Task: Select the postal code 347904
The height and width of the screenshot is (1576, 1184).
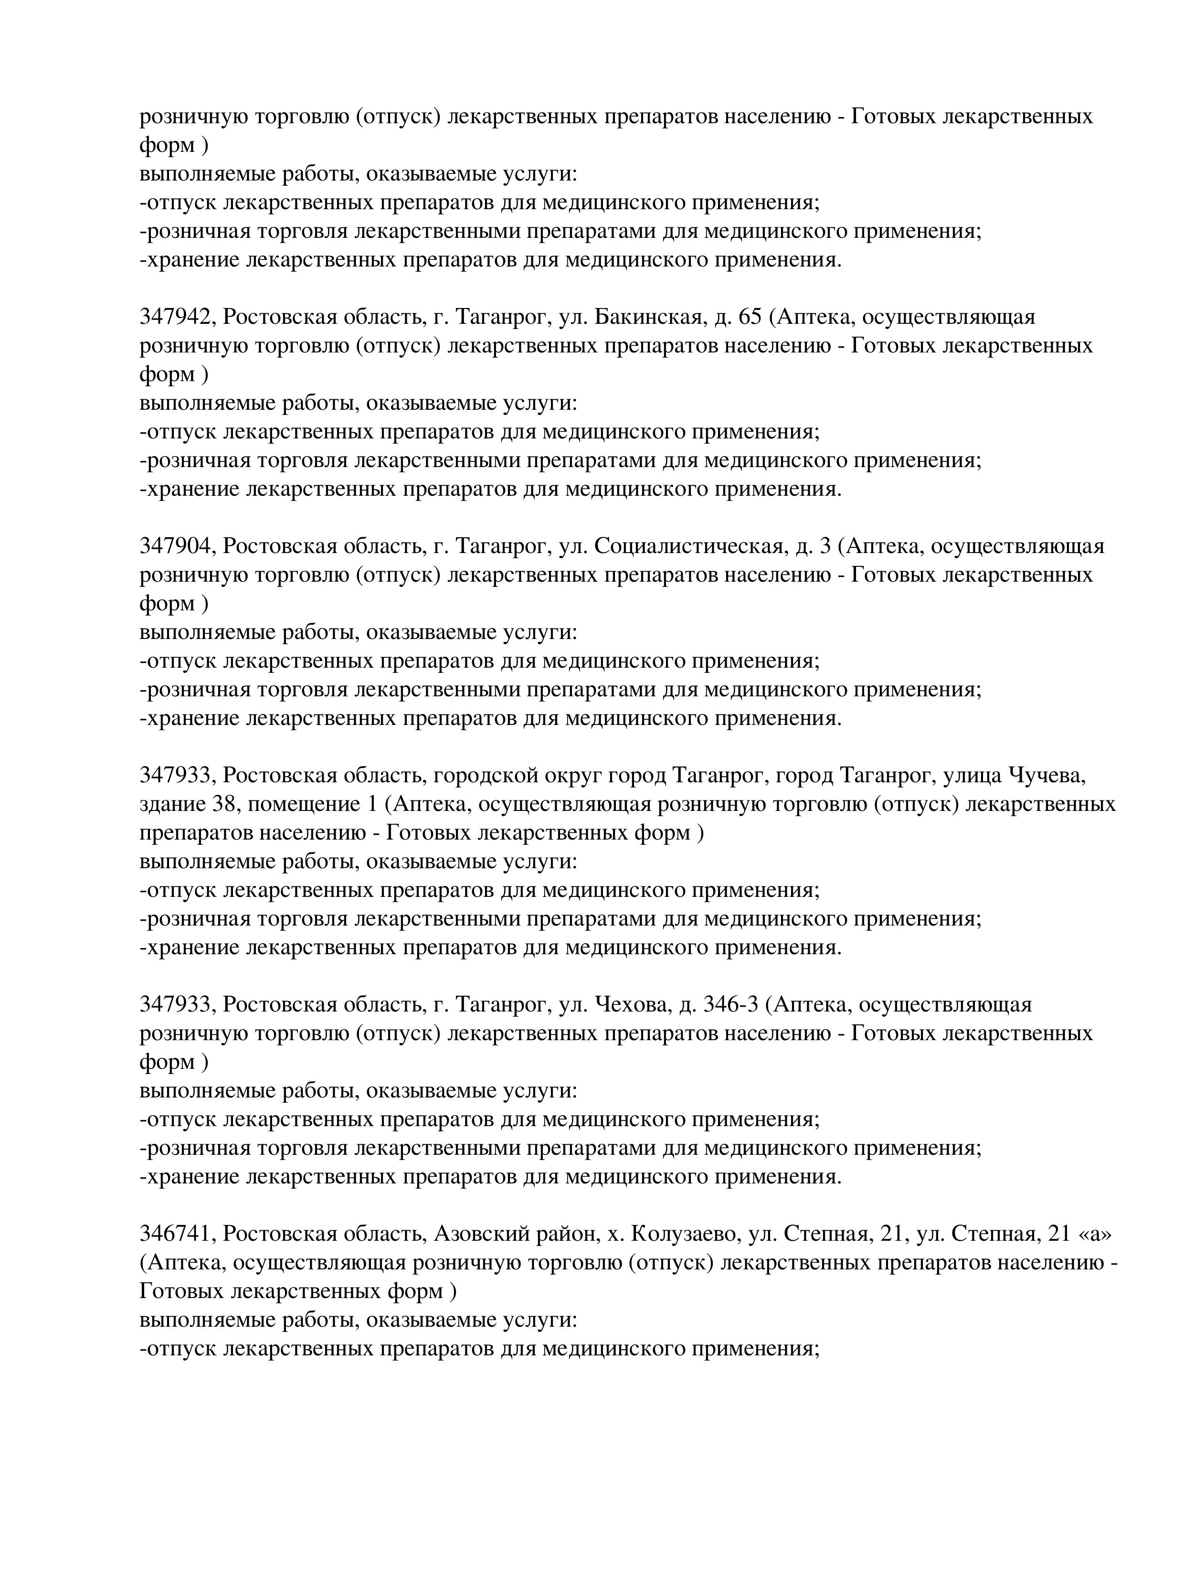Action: tap(175, 546)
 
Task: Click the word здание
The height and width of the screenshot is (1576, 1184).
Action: tap(171, 804)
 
